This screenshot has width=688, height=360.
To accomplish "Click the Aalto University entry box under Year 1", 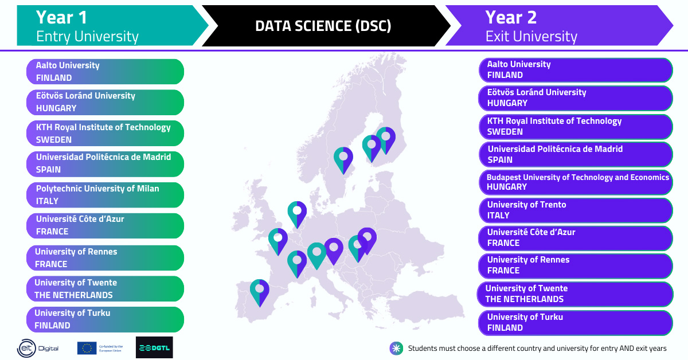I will tap(105, 72).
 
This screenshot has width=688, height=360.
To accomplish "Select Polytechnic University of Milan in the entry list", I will tap(105, 195).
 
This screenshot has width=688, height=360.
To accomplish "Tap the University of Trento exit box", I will tap(575, 210).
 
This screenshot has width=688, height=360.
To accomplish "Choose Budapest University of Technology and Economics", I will tap(575, 182).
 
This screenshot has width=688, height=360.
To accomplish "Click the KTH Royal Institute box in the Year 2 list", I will tap(575, 127).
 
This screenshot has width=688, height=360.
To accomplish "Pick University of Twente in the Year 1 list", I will tap(105, 289).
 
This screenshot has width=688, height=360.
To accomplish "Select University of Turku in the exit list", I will tap(575, 322).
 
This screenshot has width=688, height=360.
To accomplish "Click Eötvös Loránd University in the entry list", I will tap(105, 102).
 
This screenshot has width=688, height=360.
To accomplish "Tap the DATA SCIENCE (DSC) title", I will tap(323, 26).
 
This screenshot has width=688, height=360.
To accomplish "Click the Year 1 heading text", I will tap(61, 17).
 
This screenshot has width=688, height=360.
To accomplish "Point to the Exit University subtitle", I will tap(531, 37).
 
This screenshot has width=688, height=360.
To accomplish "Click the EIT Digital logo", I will tap(38, 348).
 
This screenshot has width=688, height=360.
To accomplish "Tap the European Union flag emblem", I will tap(87, 348).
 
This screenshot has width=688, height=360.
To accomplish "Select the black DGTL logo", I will tap(154, 347).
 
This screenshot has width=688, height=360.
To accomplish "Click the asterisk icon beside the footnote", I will tap(396, 348).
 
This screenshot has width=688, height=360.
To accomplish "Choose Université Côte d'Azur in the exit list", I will tap(575, 237).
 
